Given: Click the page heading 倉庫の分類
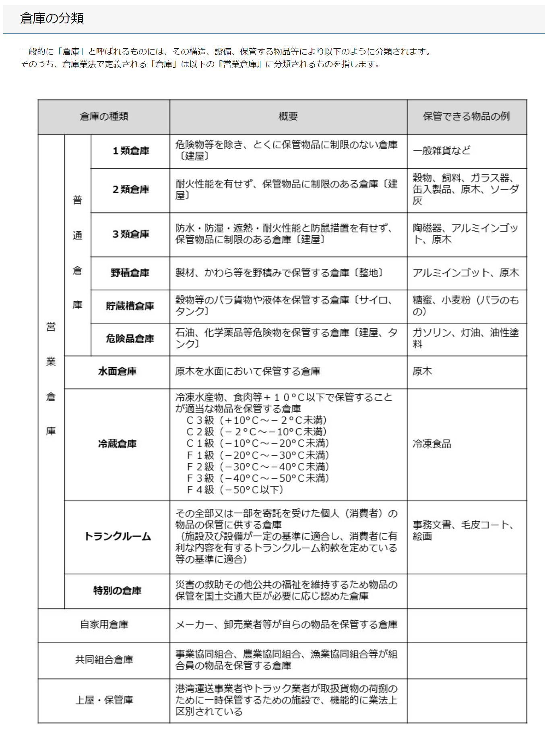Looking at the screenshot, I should pyautogui.click(x=52, y=19).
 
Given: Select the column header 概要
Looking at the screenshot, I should pyautogui.click(x=288, y=117).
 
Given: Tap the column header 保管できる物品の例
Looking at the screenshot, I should pyautogui.click(x=466, y=117).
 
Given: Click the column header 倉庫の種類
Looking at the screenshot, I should pyautogui.click(x=104, y=117).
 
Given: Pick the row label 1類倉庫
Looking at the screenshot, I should pyautogui.click(x=131, y=151).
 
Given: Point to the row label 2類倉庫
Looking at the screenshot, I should pyautogui.click(x=131, y=190).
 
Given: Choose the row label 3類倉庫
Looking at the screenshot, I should pyautogui.click(x=131, y=234).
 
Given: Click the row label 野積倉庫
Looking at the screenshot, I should pyautogui.click(x=130, y=273).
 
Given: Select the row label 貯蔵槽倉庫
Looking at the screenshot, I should pyautogui.click(x=130, y=306).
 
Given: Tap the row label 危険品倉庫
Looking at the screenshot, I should pyautogui.click(x=130, y=339).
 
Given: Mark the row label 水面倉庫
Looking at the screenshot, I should pyautogui.click(x=117, y=371).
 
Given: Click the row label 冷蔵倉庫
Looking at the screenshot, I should pyautogui.click(x=117, y=444).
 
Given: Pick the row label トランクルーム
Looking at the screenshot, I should pyautogui.click(x=117, y=537).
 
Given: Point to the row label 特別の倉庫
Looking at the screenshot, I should pyautogui.click(x=117, y=591).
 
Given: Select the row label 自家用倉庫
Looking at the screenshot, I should pyautogui.click(x=104, y=625).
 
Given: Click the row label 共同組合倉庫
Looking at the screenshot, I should pyautogui.click(x=104, y=660).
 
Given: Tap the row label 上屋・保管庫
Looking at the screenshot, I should pyautogui.click(x=104, y=700).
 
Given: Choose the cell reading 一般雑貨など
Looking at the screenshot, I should pyautogui.click(x=442, y=151).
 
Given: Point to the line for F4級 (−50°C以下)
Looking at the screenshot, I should pyautogui.click(x=235, y=490).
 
